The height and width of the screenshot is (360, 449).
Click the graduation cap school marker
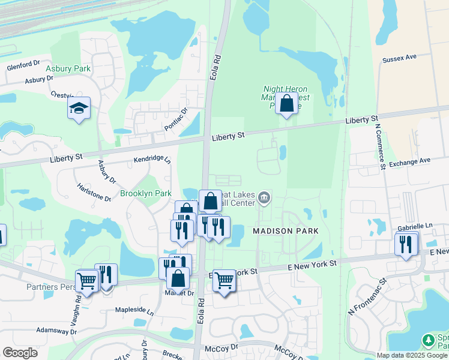pyautogui.click(x=79, y=109)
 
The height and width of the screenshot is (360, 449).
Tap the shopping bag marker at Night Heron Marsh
pyautogui.click(x=287, y=103)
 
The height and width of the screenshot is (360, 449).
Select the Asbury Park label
pyautogui.click(x=68, y=69)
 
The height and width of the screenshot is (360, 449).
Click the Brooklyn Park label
pyautogui.click(x=146, y=193)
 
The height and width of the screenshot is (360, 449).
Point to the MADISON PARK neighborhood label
pyautogui.click(x=285, y=231)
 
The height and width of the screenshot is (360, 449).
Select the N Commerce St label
pyautogui.click(x=380, y=147)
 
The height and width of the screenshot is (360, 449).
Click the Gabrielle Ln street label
pyautogui.click(x=415, y=226)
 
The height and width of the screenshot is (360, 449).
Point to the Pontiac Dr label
pyautogui.click(x=176, y=119)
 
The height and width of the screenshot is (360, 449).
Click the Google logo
pyautogui.click(x=20, y=352)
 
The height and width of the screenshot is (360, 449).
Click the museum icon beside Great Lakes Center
pyautogui.click(x=264, y=197)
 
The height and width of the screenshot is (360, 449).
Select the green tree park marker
pyautogui.click(x=428, y=340)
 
